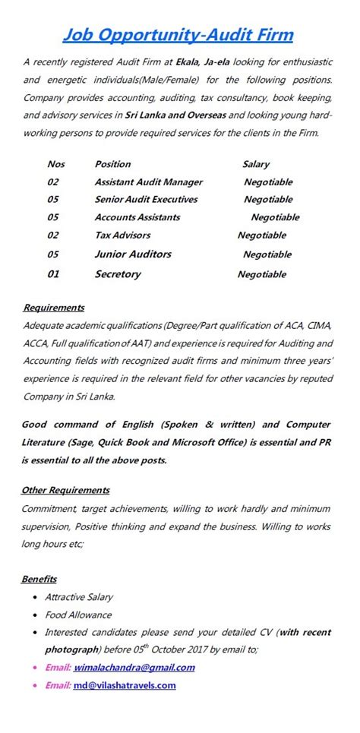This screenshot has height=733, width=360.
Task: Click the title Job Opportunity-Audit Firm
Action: click(177, 35)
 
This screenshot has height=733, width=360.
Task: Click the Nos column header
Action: click(56, 164)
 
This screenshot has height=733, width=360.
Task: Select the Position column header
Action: click(112, 164)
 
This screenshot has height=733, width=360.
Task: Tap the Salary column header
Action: click(256, 164)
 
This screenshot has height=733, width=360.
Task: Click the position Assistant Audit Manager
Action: click(148, 182)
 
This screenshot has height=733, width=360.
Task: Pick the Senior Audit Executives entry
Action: click(146, 200)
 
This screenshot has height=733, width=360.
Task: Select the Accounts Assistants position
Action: click(137, 217)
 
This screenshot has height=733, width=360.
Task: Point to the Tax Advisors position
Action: click(122, 235)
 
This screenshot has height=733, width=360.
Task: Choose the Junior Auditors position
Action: click(133, 254)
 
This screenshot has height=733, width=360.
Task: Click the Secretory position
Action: click(117, 274)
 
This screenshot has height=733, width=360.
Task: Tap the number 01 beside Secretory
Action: click(53, 274)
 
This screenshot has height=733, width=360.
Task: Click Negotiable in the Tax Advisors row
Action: click(262, 235)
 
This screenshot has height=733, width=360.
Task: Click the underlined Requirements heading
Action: click(53, 308)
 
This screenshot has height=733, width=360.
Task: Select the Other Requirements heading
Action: click(65, 490)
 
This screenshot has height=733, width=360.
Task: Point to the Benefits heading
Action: click(39, 579)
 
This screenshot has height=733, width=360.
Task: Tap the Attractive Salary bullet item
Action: click(79, 598)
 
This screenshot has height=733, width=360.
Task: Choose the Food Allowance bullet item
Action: click(78, 615)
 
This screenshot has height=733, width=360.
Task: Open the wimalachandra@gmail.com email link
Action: click(134, 668)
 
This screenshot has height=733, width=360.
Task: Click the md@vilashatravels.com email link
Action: click(125, 685)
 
